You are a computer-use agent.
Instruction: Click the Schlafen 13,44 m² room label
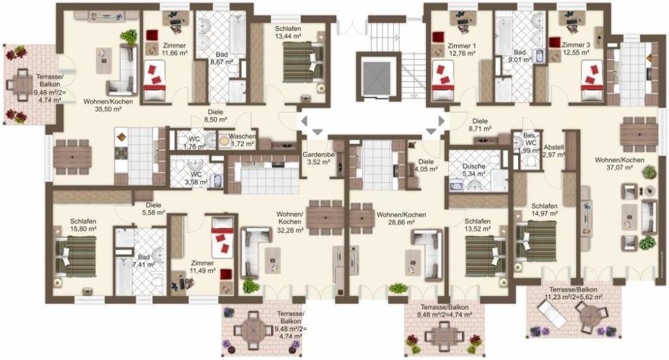288,33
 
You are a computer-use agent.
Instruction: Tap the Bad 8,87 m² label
221,58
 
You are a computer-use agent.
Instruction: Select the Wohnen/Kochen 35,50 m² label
108,105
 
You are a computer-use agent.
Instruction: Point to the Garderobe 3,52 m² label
318,158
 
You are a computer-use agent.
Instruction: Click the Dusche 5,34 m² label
474,170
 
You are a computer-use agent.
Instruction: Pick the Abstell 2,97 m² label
554,150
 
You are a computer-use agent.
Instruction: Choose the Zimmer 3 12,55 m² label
576,48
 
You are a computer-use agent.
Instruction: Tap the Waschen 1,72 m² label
242,140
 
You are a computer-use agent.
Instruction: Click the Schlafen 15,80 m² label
83,225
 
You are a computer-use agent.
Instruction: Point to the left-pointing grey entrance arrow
304,121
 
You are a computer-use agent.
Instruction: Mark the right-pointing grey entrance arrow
442,121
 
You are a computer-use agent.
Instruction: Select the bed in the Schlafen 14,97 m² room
536,241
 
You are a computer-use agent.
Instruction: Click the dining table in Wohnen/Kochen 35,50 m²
72,157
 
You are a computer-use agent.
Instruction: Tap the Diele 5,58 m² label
154,208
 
